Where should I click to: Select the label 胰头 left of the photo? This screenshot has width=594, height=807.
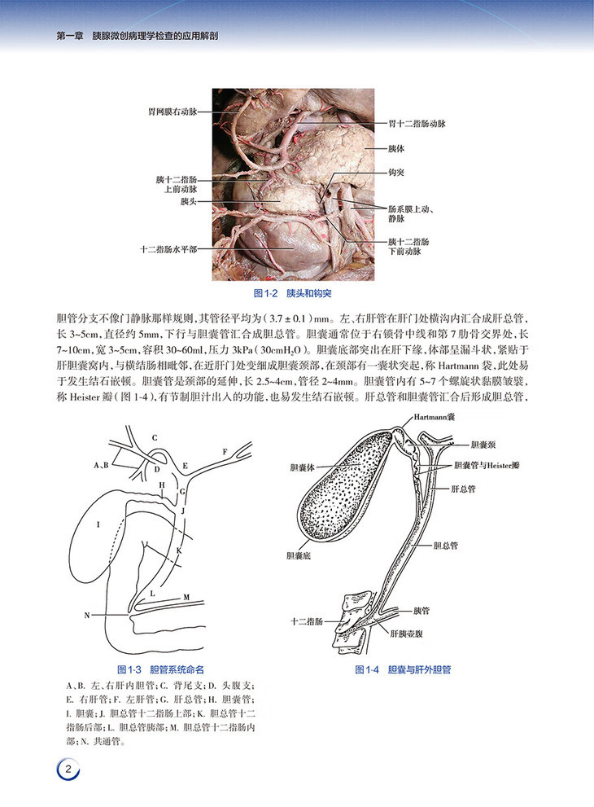(189, 200)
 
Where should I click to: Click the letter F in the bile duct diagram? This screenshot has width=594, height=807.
(225, 450)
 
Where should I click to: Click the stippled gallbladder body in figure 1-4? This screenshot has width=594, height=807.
(346, 489)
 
